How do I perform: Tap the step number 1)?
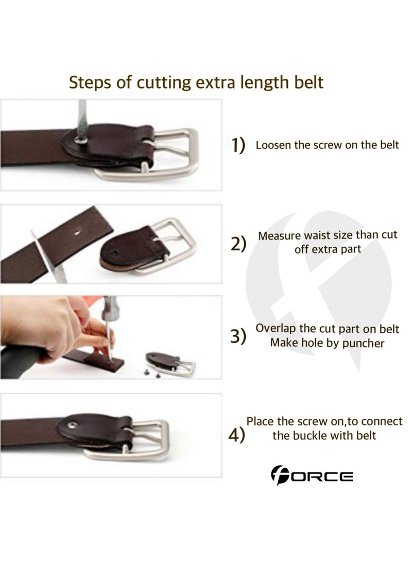pyautogui.click(x=237, y=146)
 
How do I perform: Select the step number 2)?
pyautogui.click(x=238, y=243)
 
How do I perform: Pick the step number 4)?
pyautogui.click(x=236, y=435)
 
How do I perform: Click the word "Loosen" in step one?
pyautogui.click(x=273, y=145)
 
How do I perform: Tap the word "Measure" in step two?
pyautogui.click(x=280, y=236)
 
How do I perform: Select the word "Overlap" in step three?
pyautogui.click(x=276, y=329)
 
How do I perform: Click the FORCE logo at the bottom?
pyautogui.click(x=312, y=475)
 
